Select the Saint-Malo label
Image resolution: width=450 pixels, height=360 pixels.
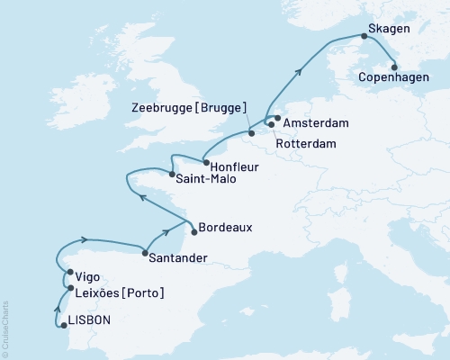207,179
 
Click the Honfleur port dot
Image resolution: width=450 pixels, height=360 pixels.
205,163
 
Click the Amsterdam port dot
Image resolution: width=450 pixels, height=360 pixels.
276,118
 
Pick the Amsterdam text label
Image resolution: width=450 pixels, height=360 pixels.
317,121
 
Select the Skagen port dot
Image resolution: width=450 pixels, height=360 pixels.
364,36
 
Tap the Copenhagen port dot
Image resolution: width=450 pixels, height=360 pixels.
394,65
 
